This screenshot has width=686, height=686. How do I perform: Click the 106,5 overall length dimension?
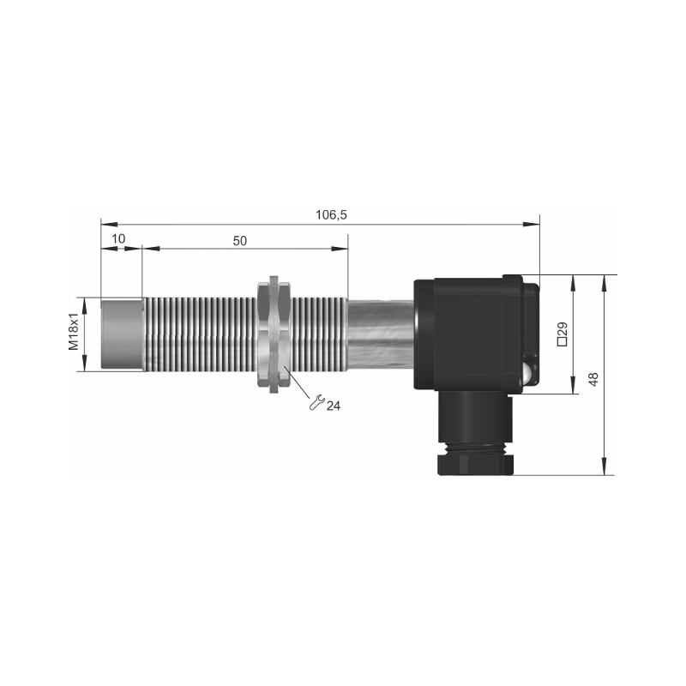coord(331,215)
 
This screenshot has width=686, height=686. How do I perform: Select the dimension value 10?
coord(118,238)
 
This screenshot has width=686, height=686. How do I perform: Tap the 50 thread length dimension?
coord(240,241)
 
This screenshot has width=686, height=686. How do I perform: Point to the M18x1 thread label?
coord(74,331)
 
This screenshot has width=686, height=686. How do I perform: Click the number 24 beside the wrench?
coord(334,406)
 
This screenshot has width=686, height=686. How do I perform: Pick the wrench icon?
coord(316,402)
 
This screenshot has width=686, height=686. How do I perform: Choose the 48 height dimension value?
coord(593,379)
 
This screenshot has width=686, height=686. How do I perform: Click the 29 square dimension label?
coord(563,334)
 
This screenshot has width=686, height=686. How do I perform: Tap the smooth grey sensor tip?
coord(122,334)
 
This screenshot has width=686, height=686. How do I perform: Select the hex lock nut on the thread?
coord(274,334)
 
